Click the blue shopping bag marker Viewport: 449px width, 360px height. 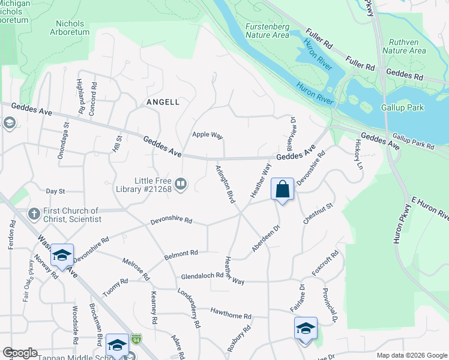click(282, 190)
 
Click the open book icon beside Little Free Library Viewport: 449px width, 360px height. click(181, 182)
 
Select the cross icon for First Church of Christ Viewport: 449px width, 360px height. click(34, 214)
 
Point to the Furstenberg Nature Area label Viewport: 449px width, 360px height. click(267, 31)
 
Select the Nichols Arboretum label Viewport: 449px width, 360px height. click(73, 28)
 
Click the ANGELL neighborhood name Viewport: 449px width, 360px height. click(163, 103)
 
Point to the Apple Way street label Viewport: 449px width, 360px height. click(208, 134)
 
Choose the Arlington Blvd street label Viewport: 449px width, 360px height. click(224, 182)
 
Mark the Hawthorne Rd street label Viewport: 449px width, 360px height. click(231, 313)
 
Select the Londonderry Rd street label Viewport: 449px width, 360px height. click(188, 308)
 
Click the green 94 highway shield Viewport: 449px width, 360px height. click(137, 339)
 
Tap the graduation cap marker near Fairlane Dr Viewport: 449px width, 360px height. click(306, 329)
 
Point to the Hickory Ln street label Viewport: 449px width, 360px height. click(360, 154)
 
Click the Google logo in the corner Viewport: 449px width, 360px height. click(20, 353)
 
